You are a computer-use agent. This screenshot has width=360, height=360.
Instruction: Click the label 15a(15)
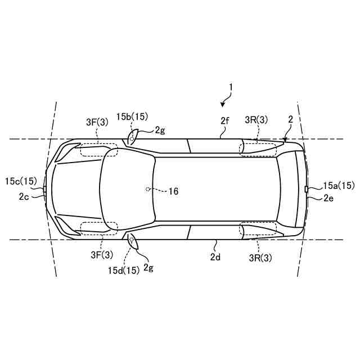coord(339,186)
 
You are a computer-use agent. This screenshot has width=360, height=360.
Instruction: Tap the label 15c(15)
coord(21,181)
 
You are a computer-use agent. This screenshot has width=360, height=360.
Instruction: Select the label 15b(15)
coord(132,116)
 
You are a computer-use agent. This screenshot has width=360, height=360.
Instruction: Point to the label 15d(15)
coord(124,271)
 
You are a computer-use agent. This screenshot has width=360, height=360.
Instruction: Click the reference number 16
coord(173,191)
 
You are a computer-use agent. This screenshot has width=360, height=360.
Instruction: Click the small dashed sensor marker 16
coord(147,190)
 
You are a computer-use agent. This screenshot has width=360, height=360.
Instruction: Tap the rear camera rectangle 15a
coord(306,190)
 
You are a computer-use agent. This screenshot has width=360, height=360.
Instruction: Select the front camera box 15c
coord(44,189)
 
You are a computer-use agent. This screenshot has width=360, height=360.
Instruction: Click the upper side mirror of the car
coord(132,137)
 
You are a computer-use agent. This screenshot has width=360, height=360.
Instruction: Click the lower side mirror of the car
coord(133,241)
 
